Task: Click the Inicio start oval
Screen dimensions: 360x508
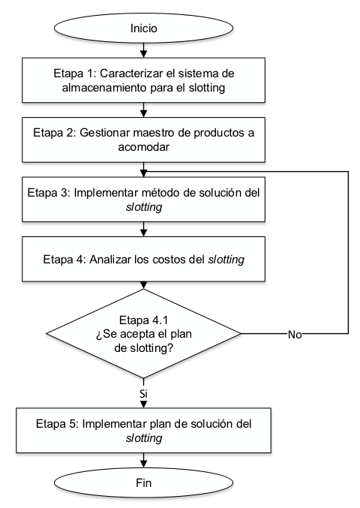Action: pyautogui.click(x=143, y=29)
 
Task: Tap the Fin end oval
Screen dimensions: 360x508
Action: pyautogui.click(x=143, y=482)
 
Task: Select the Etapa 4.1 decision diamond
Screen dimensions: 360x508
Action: pyautogui.click(x=143, y=333)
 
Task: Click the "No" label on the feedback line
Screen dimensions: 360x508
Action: pyautogui.click(x=295, y=335)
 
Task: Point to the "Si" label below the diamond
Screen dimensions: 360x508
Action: pyautogui.click(x=143, y=394)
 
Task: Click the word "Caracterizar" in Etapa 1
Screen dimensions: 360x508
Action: pyautogui.click(x=131, y=74)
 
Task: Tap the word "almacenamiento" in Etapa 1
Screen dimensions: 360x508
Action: pyautogui.click(x=104, y=88)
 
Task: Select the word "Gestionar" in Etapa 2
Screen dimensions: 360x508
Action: pyautogui.click(x=105, y=133)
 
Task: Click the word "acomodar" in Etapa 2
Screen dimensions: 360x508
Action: pyautogui.click(x=143, y=147)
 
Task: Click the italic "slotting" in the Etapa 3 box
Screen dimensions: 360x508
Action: pyautogui.click(x=144, y=206)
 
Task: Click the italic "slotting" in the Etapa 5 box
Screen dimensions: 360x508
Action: pyautogui.click(x=144, y=437)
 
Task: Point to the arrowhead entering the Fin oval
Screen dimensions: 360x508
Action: pyautogui.click(x=143, y=464)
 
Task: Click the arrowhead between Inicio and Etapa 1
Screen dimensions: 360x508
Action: pyautogui.click(x=143, y=54)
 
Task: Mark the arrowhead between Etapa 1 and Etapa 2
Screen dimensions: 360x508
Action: pyautogui.click(x=143, y=114)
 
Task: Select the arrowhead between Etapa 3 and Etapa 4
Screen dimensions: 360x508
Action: pyautogui.click(x=143, y=233)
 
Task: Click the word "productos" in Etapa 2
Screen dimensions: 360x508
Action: pyautogui.click(x=219, y=133)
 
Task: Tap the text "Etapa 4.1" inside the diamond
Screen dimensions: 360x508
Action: pyautogui.click(x=143, y=320)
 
